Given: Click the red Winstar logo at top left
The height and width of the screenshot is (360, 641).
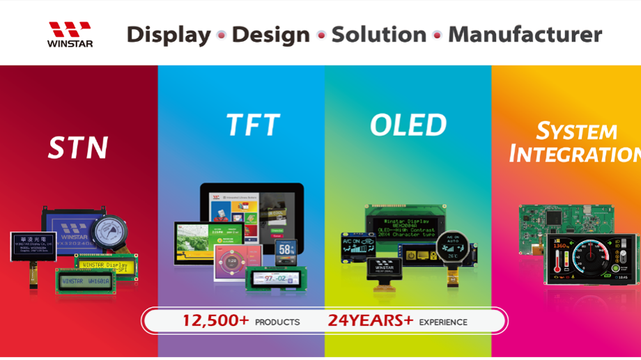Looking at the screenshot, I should pos(70,33).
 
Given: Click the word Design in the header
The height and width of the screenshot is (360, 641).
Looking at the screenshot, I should pos(270,35).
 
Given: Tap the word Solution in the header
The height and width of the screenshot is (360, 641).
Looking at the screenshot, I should pos(378,34).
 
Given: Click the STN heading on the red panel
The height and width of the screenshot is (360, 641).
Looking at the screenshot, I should pos(77,148).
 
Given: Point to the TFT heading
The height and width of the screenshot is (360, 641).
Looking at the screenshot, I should pos(252,125).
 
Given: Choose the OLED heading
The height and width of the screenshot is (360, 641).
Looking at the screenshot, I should pos(408,125).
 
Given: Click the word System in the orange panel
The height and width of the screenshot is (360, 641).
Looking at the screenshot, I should pos(576,131).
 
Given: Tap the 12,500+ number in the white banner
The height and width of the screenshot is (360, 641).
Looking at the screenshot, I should pos(215,320).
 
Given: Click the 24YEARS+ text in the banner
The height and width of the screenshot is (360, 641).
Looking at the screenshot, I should pos(371,320).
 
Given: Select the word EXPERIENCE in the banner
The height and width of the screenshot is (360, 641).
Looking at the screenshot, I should pos(442,322).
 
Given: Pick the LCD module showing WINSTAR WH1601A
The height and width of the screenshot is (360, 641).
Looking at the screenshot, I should pos(86,281).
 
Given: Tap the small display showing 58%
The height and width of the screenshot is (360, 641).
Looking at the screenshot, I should pos(286,252).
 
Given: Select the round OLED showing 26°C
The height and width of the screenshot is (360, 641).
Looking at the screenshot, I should pos(452,248).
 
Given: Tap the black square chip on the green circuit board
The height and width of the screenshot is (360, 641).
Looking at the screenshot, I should pos(554,217).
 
